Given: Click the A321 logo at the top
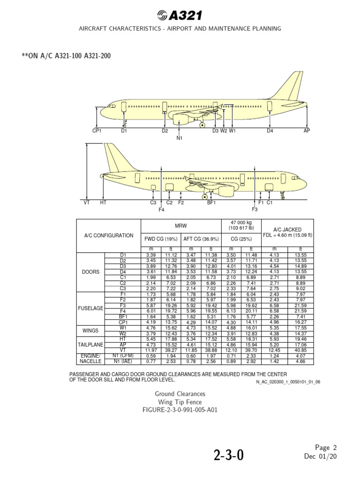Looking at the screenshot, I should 180,15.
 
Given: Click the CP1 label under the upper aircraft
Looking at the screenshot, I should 97,131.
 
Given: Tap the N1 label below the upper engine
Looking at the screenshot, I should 180,138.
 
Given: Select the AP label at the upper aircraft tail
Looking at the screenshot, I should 307,131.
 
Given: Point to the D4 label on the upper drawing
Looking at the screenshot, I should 270,131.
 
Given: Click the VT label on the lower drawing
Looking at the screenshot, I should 87,202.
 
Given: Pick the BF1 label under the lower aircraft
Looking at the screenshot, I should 211,202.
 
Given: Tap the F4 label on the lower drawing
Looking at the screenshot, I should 161,210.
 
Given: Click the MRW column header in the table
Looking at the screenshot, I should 181,225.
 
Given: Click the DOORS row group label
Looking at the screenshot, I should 90,272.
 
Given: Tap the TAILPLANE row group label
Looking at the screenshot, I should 90,344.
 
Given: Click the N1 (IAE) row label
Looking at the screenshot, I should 123,361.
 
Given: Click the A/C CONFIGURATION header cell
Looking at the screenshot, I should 108,235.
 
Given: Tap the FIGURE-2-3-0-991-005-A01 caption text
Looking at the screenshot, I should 180,409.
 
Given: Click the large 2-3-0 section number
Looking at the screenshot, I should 229,456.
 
